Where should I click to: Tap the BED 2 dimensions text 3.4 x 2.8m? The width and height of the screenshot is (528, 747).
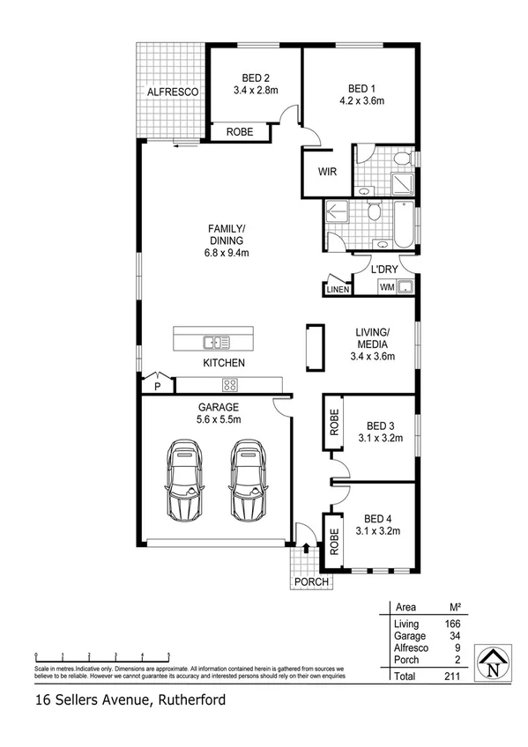256,90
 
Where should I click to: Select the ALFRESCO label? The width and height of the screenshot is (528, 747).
172,91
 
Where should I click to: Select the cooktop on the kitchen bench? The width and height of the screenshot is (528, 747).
230,383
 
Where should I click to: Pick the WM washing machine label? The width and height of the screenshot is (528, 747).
386,287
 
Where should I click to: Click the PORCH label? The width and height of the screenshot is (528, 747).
311,582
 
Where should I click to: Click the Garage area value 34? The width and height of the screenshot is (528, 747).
454,635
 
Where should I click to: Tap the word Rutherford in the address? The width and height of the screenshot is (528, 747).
190,701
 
